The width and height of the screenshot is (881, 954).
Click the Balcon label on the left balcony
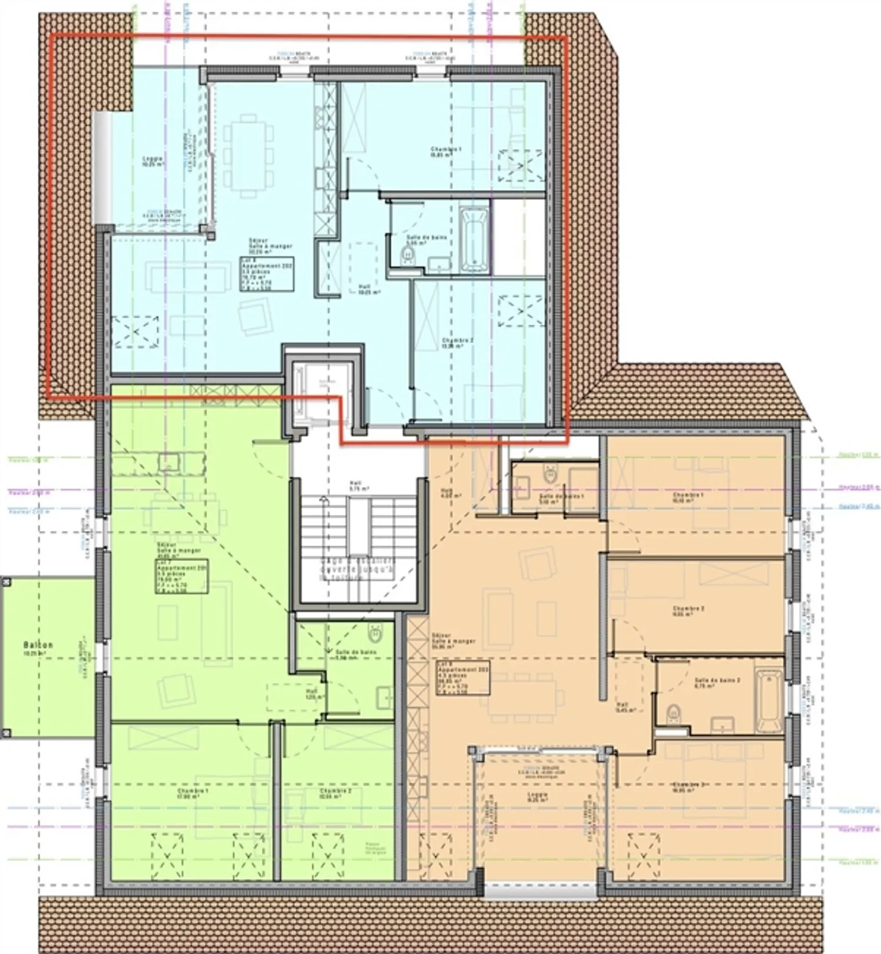pos(38,645)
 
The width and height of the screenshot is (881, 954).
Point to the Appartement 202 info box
pos(267,273)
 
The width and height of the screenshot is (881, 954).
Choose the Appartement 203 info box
pos(463,677)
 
